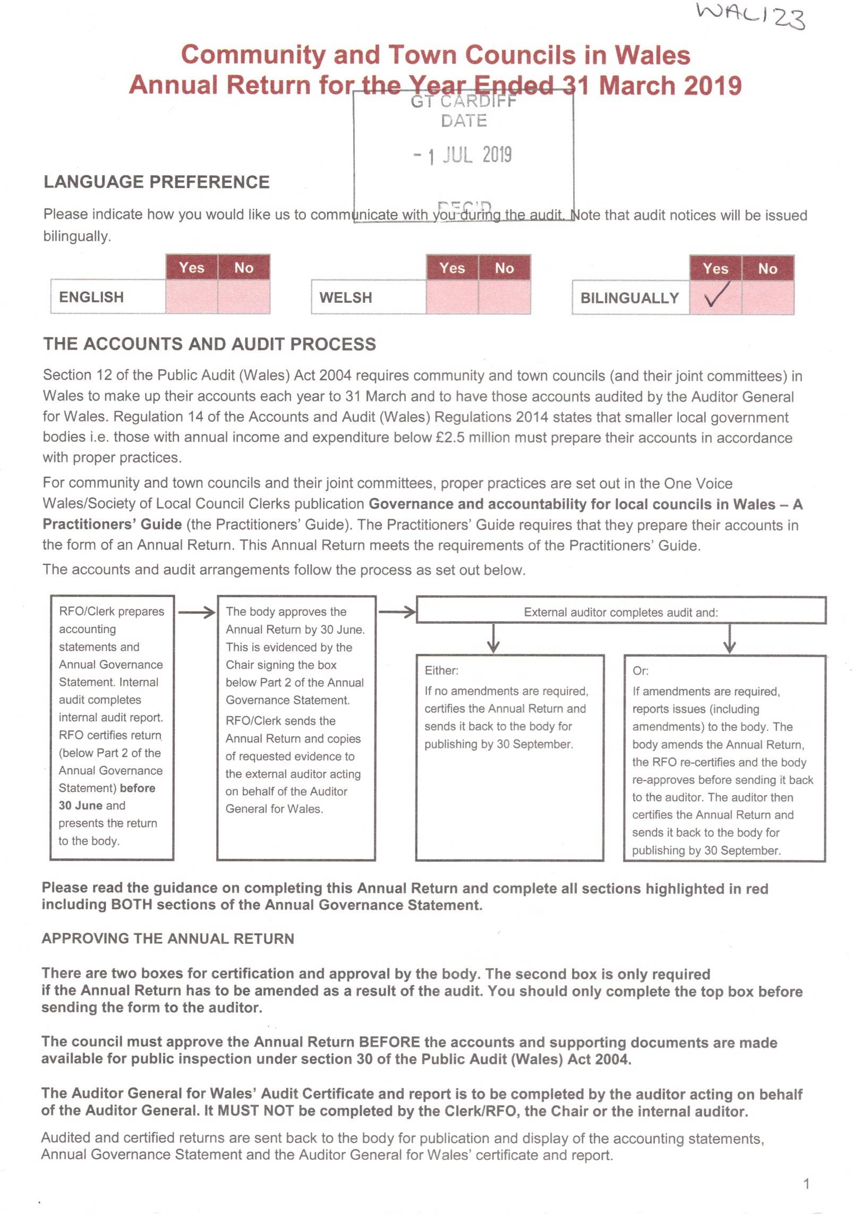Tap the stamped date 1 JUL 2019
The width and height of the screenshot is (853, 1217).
(x=463, y=155)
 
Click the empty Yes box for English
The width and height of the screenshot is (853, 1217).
(x=192, y=296)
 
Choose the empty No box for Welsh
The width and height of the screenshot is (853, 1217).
(x=504, y=297)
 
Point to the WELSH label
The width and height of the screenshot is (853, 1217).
(x=346, y=297)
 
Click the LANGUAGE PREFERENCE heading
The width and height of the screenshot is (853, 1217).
(x=156, y=182)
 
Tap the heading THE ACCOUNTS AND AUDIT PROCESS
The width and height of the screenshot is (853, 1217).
(x=209, y=344)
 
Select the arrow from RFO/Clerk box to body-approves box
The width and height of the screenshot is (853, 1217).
(x=196, y=612)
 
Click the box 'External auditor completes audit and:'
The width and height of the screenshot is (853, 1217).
(x=620, y=612)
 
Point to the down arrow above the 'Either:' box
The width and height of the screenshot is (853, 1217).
(x=493, y=639)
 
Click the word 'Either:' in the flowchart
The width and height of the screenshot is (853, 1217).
(x=441, y=670)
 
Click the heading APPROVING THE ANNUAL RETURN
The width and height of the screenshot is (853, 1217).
(x=168, y=939)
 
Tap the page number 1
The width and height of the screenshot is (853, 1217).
(x=806, y=1184)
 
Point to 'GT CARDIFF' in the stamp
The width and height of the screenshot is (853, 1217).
(x=463, y=101)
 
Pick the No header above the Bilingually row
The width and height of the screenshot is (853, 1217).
(x=767, y=268)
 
